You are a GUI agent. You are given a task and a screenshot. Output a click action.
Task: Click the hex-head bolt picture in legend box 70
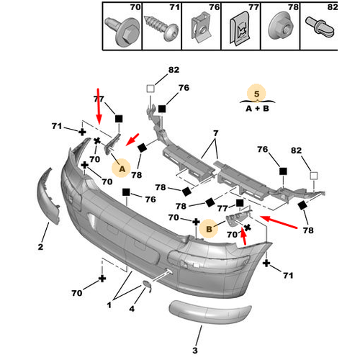[122, 32]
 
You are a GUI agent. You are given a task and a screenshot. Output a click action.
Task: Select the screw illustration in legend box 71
[161, 28]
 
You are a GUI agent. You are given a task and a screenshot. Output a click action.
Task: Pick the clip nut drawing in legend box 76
[201, 30]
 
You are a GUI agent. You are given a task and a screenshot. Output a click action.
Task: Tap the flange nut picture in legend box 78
[281, 27]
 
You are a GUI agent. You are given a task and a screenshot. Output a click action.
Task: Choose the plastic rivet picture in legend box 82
[320, 27]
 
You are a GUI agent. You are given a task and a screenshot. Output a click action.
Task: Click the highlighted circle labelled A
[122, 168]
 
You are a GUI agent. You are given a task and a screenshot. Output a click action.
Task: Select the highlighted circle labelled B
[209, 228]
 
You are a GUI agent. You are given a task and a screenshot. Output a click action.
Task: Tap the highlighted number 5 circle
[257, 94]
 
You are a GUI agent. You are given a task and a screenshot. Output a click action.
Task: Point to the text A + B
[257, 109]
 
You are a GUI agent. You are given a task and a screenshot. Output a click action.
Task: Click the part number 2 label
[40, 246]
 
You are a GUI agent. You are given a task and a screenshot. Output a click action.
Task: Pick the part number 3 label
[195, 350]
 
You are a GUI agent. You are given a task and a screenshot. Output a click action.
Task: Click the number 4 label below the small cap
[132, 309]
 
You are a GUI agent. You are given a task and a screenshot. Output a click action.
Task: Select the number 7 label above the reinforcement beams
[216, 133]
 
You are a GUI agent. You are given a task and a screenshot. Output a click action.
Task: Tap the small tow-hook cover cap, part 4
[148, 286]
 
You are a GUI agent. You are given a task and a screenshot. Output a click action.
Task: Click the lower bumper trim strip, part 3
[210, 311]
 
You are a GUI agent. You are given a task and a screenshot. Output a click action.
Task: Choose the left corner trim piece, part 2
[48, 196]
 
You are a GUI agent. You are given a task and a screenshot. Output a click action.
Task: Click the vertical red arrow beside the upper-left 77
[99, 107]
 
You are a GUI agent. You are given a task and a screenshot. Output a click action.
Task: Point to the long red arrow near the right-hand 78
[279, 222]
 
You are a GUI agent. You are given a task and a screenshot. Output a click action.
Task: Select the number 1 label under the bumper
[109, 305]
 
